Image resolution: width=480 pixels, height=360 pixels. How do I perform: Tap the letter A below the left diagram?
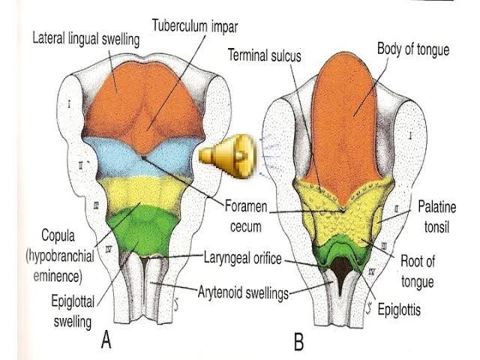tap(107, 341)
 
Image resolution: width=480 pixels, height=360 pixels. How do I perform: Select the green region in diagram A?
tap(142, 229)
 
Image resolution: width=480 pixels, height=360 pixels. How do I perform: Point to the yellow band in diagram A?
tap(142, 190)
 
